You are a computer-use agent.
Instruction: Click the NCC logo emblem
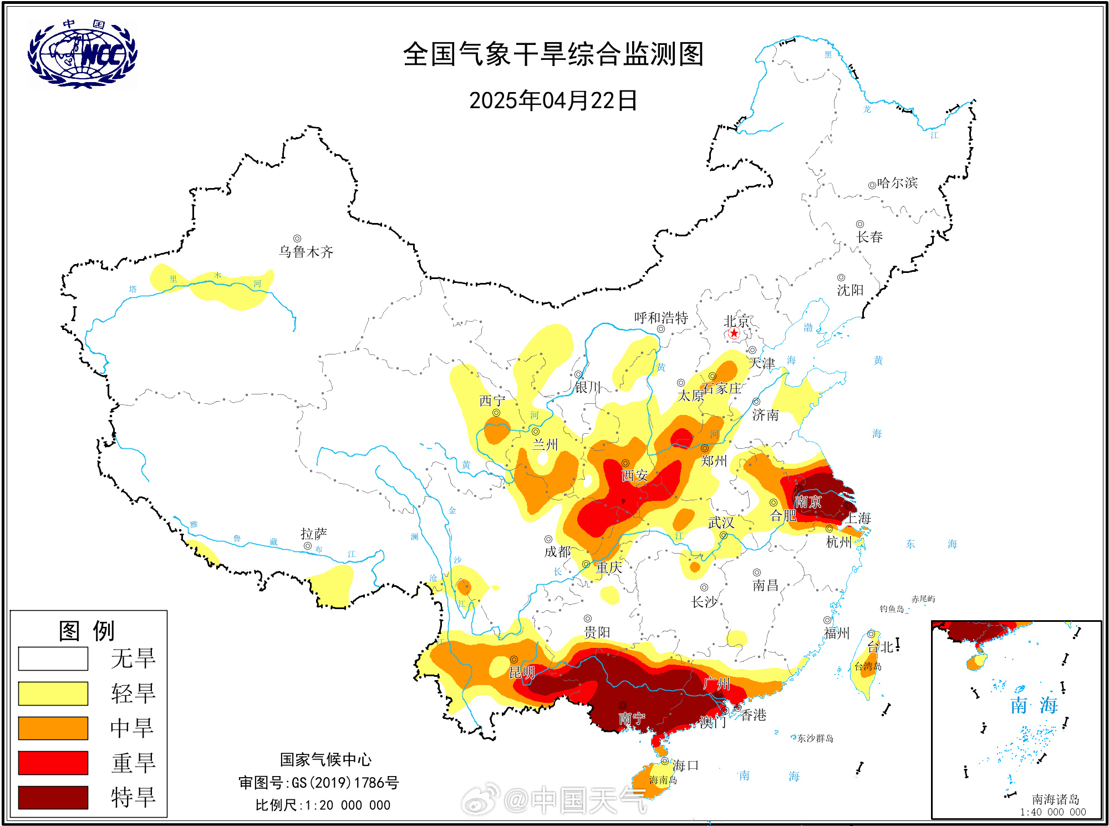(x=82, y=54)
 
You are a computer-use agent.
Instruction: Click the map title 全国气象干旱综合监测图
(x=553, y=54)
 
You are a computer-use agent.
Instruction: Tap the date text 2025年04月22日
(x=553, y=101)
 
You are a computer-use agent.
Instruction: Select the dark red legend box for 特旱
(x=53, y=797)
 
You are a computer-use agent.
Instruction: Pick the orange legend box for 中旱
(x=53, y=728)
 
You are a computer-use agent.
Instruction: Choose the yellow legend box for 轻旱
(x=53, y=693)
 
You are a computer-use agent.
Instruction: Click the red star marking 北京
(x=734, y=333)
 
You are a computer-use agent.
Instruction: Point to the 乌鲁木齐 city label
(x=306, y=252)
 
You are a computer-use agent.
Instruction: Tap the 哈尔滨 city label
(x=897, y=183)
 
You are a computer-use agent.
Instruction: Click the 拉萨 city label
(x=314, y=534)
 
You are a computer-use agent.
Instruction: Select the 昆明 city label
(x=522, y=673)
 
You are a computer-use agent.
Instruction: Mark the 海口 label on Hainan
(x=685, y=766)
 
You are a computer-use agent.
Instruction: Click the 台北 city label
(x=881, y=647)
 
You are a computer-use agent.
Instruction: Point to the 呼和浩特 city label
(x=661, y=318)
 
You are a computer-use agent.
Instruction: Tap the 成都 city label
(x=557, y=551)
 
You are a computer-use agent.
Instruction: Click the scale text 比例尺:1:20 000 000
(x=323, y=805)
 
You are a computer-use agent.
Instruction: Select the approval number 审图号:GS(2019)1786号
(x=319, y=783)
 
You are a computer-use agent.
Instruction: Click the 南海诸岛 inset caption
(x=1055, y=799)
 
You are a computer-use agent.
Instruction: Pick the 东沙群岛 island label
(x=815, y=738)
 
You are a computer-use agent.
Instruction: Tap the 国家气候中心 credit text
(x=325, y=759)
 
